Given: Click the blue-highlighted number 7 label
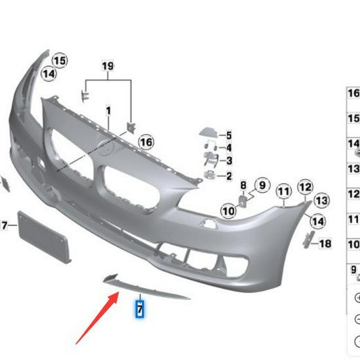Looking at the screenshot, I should click(139, 307).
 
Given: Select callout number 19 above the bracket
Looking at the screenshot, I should click(107, 65).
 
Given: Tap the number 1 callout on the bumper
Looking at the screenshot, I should click(108, 111).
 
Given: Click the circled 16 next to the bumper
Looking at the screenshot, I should click(145, 142).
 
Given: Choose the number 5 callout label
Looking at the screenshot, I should click(229, 135).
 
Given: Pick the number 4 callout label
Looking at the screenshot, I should click(229, 149).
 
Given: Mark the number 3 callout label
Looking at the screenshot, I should click(229, 161).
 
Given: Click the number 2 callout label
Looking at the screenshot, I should click(229, 176).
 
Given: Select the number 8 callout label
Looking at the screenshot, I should click(243, 185).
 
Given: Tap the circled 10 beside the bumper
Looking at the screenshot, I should click(228, 211).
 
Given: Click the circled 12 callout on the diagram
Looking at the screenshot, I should click(305, 187).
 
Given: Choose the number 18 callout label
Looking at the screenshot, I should click(325, 244).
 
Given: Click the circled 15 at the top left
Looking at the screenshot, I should click(60, 61).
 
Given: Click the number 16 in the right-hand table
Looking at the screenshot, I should click(353, 94).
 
